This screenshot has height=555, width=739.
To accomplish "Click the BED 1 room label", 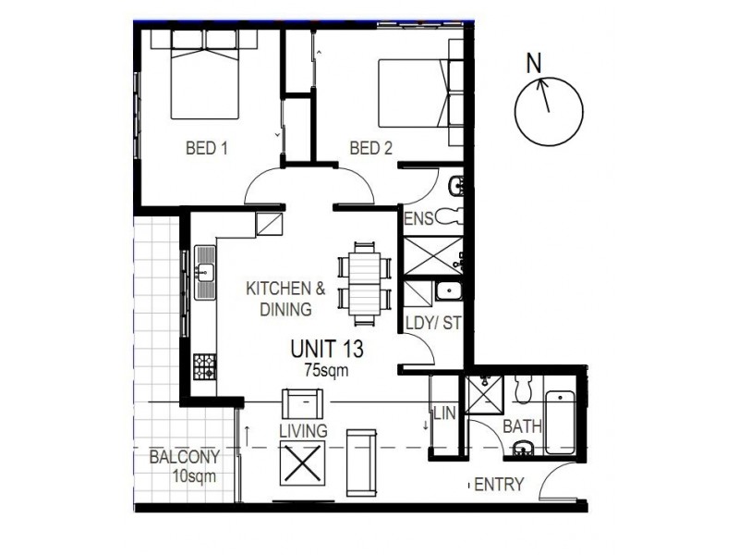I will click(207, 148).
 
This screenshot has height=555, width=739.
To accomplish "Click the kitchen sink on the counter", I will click(205, 274).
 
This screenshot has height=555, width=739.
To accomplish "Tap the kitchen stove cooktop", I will click(204, 366).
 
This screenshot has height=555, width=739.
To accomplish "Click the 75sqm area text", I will click(326, 370).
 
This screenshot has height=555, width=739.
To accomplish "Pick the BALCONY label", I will click(185, 457).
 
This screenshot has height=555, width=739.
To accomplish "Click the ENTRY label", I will click(499, 485).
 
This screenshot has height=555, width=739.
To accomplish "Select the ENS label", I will click(418, 219).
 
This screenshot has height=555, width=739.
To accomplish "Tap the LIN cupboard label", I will click(444, 413).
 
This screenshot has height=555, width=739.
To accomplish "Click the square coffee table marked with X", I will click(303, 462).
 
